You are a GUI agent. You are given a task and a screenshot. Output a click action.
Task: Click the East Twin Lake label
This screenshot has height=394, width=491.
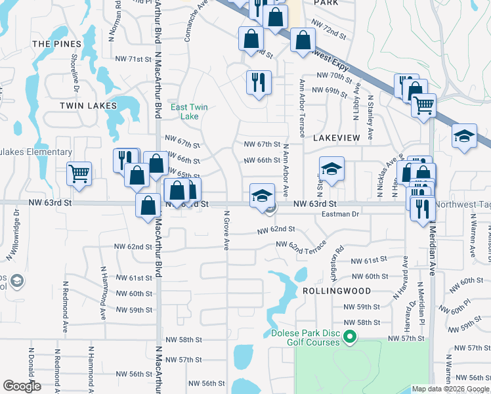(184, 112)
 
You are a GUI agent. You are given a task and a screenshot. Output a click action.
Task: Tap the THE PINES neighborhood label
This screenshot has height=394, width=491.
(57, 44)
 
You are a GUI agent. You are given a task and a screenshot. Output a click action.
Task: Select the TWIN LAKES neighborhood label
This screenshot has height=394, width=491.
(88, 105)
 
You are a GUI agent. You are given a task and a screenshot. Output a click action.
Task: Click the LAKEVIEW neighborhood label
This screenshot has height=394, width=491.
(337, 139)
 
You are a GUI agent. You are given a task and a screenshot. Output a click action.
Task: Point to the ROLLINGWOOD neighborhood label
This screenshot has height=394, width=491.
(337, 290)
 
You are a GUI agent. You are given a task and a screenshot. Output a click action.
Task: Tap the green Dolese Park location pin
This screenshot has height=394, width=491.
(350, 338)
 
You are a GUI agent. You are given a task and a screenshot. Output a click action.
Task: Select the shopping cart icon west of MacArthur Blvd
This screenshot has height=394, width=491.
(79, 173)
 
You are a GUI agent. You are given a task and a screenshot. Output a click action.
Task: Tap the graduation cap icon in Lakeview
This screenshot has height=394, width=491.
(331, 168)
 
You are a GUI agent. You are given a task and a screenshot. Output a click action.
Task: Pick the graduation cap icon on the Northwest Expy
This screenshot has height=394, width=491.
(464, 136)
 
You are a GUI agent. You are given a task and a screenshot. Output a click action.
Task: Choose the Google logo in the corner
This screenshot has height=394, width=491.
(22, 386)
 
